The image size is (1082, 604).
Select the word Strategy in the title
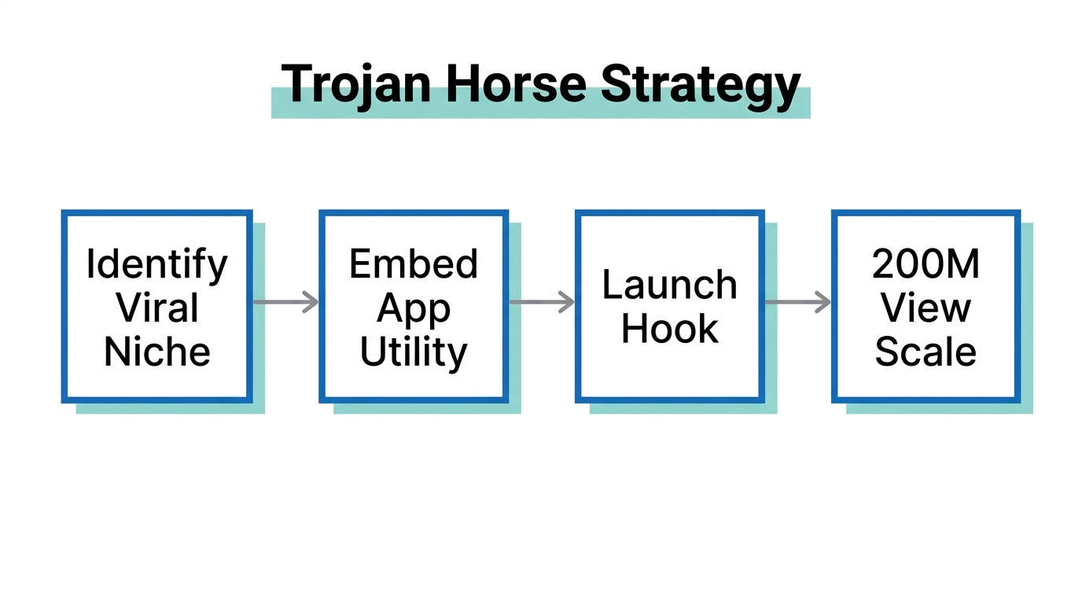click(x=700, y=85)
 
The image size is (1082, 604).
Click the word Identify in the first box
click(x=156, y=265)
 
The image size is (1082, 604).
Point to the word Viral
click(x=156, y=308)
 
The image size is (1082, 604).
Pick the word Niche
click(x=156, y=351)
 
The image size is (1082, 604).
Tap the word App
click(x=414, y=309)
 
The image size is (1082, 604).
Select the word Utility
click(x=414, y=352)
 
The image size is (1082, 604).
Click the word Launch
click(x=670, y=285)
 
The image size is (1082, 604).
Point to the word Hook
click(x=670, y=329)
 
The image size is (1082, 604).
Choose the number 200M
click(x=926, y=265)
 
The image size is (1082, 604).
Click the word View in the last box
click(x=926, y=308)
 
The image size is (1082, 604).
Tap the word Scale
click(x=926, y=351)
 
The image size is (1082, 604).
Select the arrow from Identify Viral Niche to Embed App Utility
click(x=285, y=302)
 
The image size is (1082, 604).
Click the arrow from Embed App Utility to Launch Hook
click(x=542, y=302)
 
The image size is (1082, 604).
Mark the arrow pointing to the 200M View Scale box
click(x=798, y=302)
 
